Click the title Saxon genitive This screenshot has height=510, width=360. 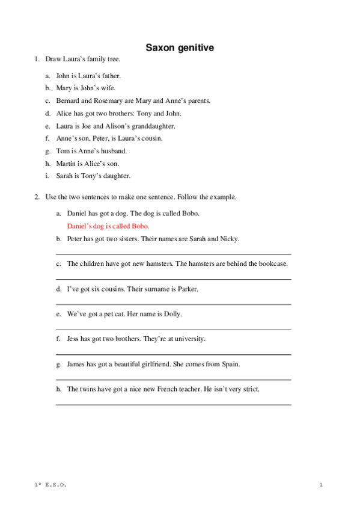[x=180, y=47]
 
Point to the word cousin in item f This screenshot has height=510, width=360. [x=150, y=138]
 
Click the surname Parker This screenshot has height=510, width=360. [x=188, y=289]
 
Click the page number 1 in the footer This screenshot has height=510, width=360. [x=322, y=485]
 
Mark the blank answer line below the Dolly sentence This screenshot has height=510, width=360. [x=173, y=330]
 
